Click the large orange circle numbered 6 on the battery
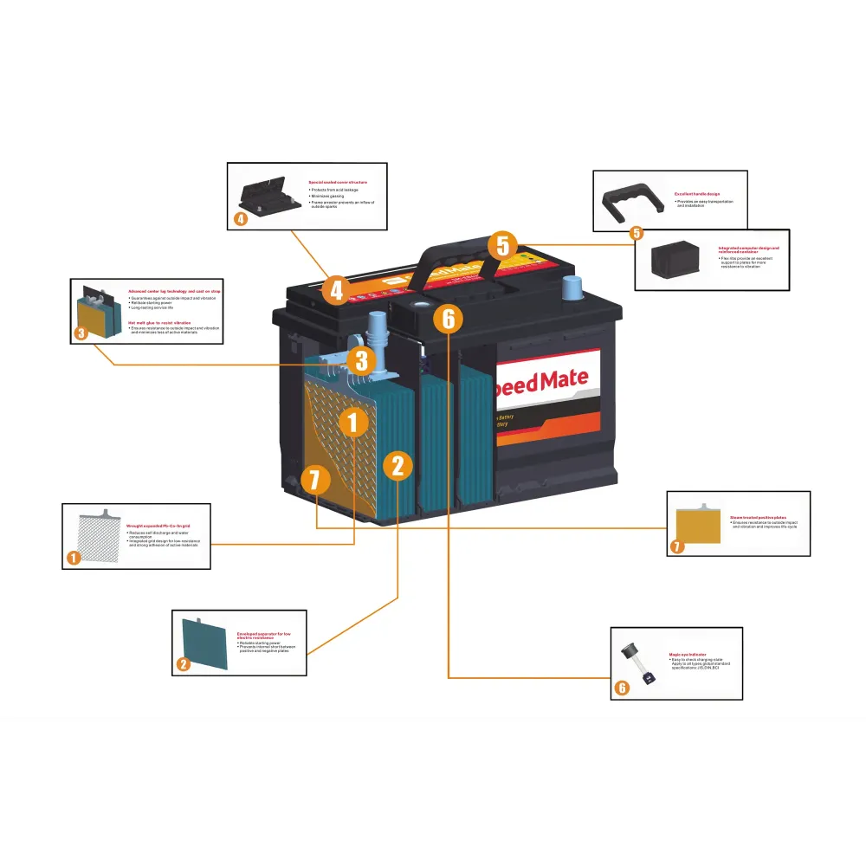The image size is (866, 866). click(x=448, y=319)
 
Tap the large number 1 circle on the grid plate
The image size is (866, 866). click(x=352, y=423)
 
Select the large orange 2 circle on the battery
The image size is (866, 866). click(x=397, y=466)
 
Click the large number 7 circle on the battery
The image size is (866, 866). click(x=313, y=477)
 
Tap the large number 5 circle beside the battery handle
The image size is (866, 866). click(x=503, y=245)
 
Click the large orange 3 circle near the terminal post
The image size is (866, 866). click(x=362, y=359)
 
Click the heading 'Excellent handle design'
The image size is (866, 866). click(x=697, y=194)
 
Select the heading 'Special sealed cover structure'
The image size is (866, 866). click(x=338, y=183)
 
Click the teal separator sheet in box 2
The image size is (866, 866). click(x=203, y=642)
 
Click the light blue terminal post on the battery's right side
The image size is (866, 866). click(x=572, y=287)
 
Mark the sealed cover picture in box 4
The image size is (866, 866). click(x=265, y=195)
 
